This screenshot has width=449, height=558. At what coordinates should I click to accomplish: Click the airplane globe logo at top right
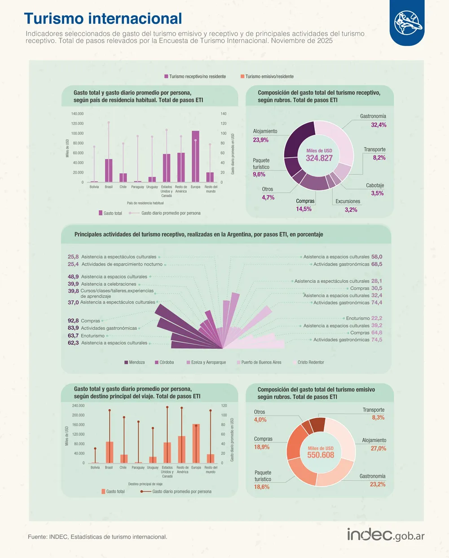[x=408, y=22]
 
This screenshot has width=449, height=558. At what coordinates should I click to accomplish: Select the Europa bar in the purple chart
[x=195, y=156]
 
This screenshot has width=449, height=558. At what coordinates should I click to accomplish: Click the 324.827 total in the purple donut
[x=319, y=158]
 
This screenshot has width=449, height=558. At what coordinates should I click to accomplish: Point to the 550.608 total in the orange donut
[x=321, y=455]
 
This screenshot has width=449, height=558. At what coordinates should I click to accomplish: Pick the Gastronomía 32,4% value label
[x=379, y=125]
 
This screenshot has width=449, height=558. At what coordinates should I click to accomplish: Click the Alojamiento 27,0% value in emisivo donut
[x=378, y=448]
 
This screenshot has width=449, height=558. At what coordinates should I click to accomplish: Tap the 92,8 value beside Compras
[x=73, y=321]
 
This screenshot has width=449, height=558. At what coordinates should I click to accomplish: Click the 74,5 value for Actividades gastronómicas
[x=377, y=340]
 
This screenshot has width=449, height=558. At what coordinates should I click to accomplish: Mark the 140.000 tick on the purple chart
[x=77, y=114]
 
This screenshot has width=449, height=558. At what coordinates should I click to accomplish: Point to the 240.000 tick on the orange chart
[x=78, y=406]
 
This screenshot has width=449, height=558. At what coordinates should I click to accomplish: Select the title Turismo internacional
[x=103, y=18]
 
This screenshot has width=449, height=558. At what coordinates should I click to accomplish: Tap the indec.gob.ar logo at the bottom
[x=385, y=535]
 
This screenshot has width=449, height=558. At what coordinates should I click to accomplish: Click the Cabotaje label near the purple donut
[x=375, y=185]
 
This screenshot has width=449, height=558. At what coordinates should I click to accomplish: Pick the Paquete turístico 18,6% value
[x=262, y=487]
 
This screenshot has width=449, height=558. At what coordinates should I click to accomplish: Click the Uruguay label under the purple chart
[x=152, y=187]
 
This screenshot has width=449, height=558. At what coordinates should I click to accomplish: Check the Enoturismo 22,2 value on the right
[x=377, y=318]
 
